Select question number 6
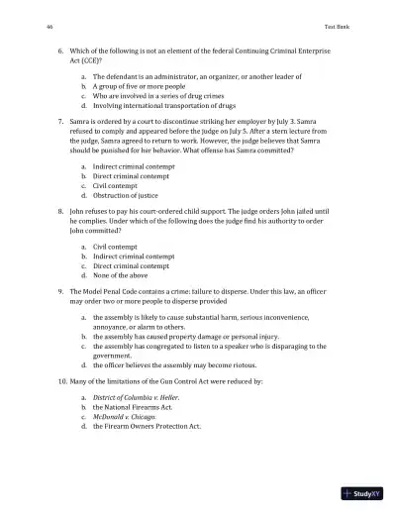(60, 48)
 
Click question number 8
(60, 209)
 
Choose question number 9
(60, 292)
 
